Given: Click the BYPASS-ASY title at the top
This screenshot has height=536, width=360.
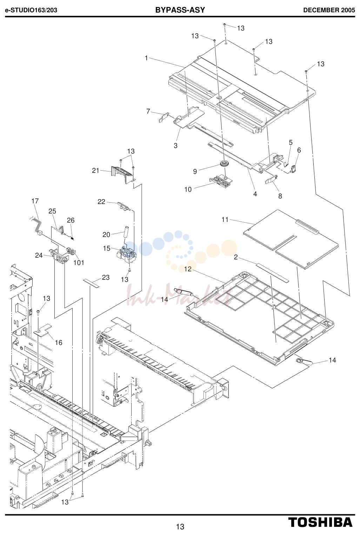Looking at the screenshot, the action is [180, 10].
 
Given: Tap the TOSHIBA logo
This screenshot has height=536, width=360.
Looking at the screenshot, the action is [320, 522].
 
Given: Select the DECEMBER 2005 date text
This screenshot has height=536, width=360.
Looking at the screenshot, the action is [329, 10].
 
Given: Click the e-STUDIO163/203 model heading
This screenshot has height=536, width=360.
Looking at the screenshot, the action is [31, 10].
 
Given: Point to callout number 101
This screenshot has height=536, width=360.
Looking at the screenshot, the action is [79, 263].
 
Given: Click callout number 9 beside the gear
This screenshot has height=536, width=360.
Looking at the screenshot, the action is [195, 171].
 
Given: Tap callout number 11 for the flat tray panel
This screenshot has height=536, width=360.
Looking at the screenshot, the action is [225, 219].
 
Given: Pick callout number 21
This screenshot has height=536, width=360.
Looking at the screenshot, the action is [95, 170].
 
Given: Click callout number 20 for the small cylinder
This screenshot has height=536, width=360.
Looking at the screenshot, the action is [106, 235].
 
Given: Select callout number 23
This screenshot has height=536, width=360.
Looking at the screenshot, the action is [106, 277].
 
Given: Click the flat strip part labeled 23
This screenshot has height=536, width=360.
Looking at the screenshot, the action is [91, 283].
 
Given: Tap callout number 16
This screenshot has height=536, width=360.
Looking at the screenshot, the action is [59, 342].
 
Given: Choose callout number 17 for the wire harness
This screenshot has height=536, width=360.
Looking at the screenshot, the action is [35, 201].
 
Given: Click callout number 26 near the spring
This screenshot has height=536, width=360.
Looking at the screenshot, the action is [71, 220].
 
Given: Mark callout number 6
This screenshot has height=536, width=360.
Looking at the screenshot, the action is [299, 150].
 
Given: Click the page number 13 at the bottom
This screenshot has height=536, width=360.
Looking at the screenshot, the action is [180, 527].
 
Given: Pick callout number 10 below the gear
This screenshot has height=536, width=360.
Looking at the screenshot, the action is [188, 189].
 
